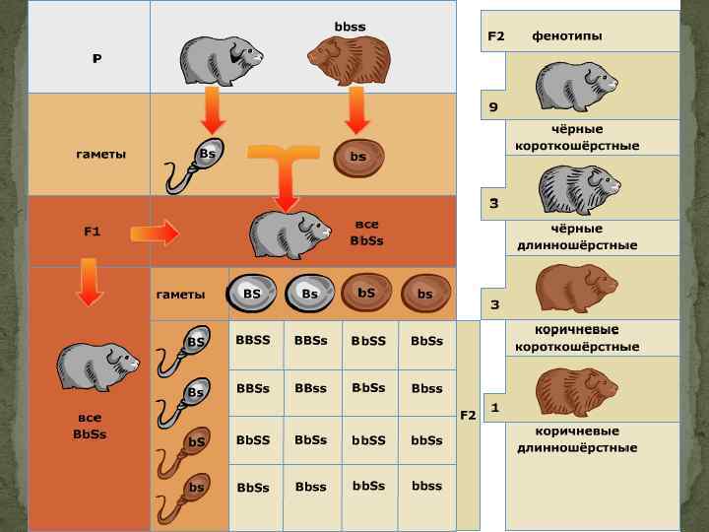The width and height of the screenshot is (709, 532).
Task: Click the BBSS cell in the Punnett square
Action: pyautogui.click(x=253, y=340)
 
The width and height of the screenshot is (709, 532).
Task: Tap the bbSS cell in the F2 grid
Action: pyautogui.click(x=368, y=440)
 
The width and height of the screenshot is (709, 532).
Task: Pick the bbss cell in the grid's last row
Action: pyautogui.click(x=427, y=486)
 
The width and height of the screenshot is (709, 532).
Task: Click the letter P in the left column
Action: pyautogui.click(x=97, y=59)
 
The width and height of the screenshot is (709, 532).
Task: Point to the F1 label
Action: pyautogui.click(x=92, y=232)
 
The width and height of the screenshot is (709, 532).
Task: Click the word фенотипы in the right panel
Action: pyautogui.click(x=567, y=36)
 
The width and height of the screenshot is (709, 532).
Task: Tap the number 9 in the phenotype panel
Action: pyautogui.click(x=494, y=107)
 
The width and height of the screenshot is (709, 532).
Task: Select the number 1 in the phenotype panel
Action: pyautogui.click(x=494, y=406)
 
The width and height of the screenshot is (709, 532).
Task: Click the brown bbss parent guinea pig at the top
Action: pyautogui.click(x=349, y=61)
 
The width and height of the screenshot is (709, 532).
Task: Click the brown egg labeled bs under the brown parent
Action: pyautogui.click(x=358, y=157)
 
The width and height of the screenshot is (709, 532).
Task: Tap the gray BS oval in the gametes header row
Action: pyautogui.click(x=252, y=294)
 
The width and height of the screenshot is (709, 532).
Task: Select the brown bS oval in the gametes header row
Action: pyautogui.click(x=366, y=293)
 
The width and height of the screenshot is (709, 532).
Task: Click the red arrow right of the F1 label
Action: pyautogui.click(x=154, y=233)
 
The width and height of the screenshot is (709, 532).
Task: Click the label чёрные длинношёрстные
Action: pyautogui.click(x=576, y=236)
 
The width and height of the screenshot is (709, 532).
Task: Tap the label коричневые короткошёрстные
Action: pyautogui.click(x=576, y=339)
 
